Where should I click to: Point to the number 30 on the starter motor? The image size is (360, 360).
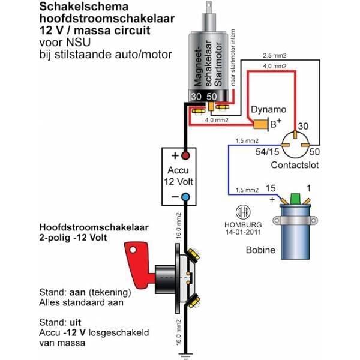(196, 97)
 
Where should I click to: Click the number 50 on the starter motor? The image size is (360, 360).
(211, 97)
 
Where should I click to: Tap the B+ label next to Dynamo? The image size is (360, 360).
(275, 124)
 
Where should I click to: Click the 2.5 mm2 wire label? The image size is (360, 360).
(274, 56)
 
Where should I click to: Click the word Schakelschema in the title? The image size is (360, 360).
(77, 8)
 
